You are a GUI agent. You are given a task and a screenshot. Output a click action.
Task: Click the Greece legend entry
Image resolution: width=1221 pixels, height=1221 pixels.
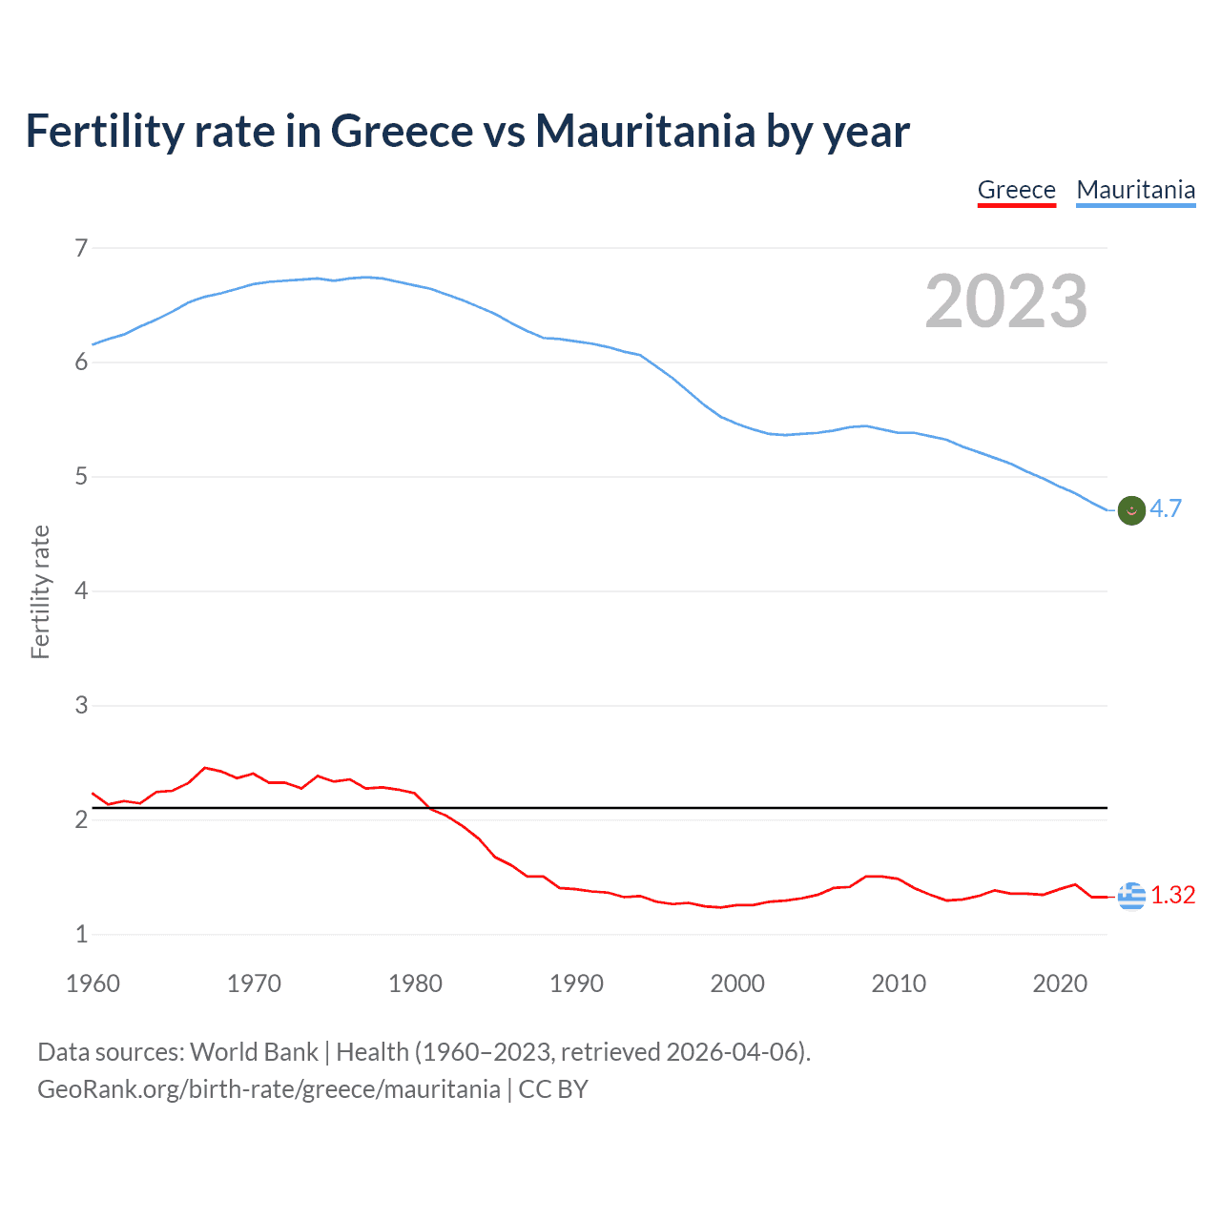point(1016,190)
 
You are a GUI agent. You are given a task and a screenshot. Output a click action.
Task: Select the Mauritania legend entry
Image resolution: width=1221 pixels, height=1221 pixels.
point(1135,190)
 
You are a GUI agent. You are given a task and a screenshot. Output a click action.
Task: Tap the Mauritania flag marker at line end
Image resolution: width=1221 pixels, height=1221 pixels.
point(1131,510)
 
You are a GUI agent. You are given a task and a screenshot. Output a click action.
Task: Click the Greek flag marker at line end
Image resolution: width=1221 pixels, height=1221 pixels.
point(1131,896)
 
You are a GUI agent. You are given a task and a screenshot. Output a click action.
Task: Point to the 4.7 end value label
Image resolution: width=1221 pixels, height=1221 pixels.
point(1166,509)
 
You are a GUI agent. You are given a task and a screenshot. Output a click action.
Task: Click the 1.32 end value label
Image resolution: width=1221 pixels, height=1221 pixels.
point(1172,895)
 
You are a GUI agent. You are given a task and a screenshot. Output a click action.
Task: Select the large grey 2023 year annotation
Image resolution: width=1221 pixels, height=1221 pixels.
point(1005,301)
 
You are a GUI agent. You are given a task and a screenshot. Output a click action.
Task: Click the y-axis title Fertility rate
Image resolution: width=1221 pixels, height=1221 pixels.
point(40,591)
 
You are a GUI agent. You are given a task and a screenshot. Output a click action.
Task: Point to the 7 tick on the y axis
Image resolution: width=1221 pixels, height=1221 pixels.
point(81,248)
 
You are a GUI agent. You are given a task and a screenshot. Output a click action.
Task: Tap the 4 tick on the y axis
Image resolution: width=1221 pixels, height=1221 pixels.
point(81,591)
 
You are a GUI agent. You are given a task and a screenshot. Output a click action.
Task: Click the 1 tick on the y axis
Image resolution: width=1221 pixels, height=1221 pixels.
point(81,935)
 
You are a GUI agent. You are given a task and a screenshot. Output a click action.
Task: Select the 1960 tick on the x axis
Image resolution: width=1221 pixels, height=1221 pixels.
point(93,983)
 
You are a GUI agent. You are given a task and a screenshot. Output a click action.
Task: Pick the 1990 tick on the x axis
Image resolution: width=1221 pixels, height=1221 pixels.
point(576,983)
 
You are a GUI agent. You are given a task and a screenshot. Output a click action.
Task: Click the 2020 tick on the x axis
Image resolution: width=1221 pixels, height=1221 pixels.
point(1060,983)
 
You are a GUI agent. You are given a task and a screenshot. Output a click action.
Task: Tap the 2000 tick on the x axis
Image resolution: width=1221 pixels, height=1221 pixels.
point(737,983)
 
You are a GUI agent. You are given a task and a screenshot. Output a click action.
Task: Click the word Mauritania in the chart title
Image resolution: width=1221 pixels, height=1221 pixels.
point(645,131)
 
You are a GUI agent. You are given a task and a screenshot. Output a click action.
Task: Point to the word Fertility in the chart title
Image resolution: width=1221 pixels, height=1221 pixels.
point(104,131)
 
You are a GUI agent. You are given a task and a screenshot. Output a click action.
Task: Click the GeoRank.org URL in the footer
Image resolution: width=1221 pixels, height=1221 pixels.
point(268,1089)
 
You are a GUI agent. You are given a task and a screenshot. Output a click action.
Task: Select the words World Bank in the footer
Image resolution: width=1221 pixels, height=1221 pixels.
point(254,1052)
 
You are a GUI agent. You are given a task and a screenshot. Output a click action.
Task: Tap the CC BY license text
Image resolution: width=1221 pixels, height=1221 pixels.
point(553,1089)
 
